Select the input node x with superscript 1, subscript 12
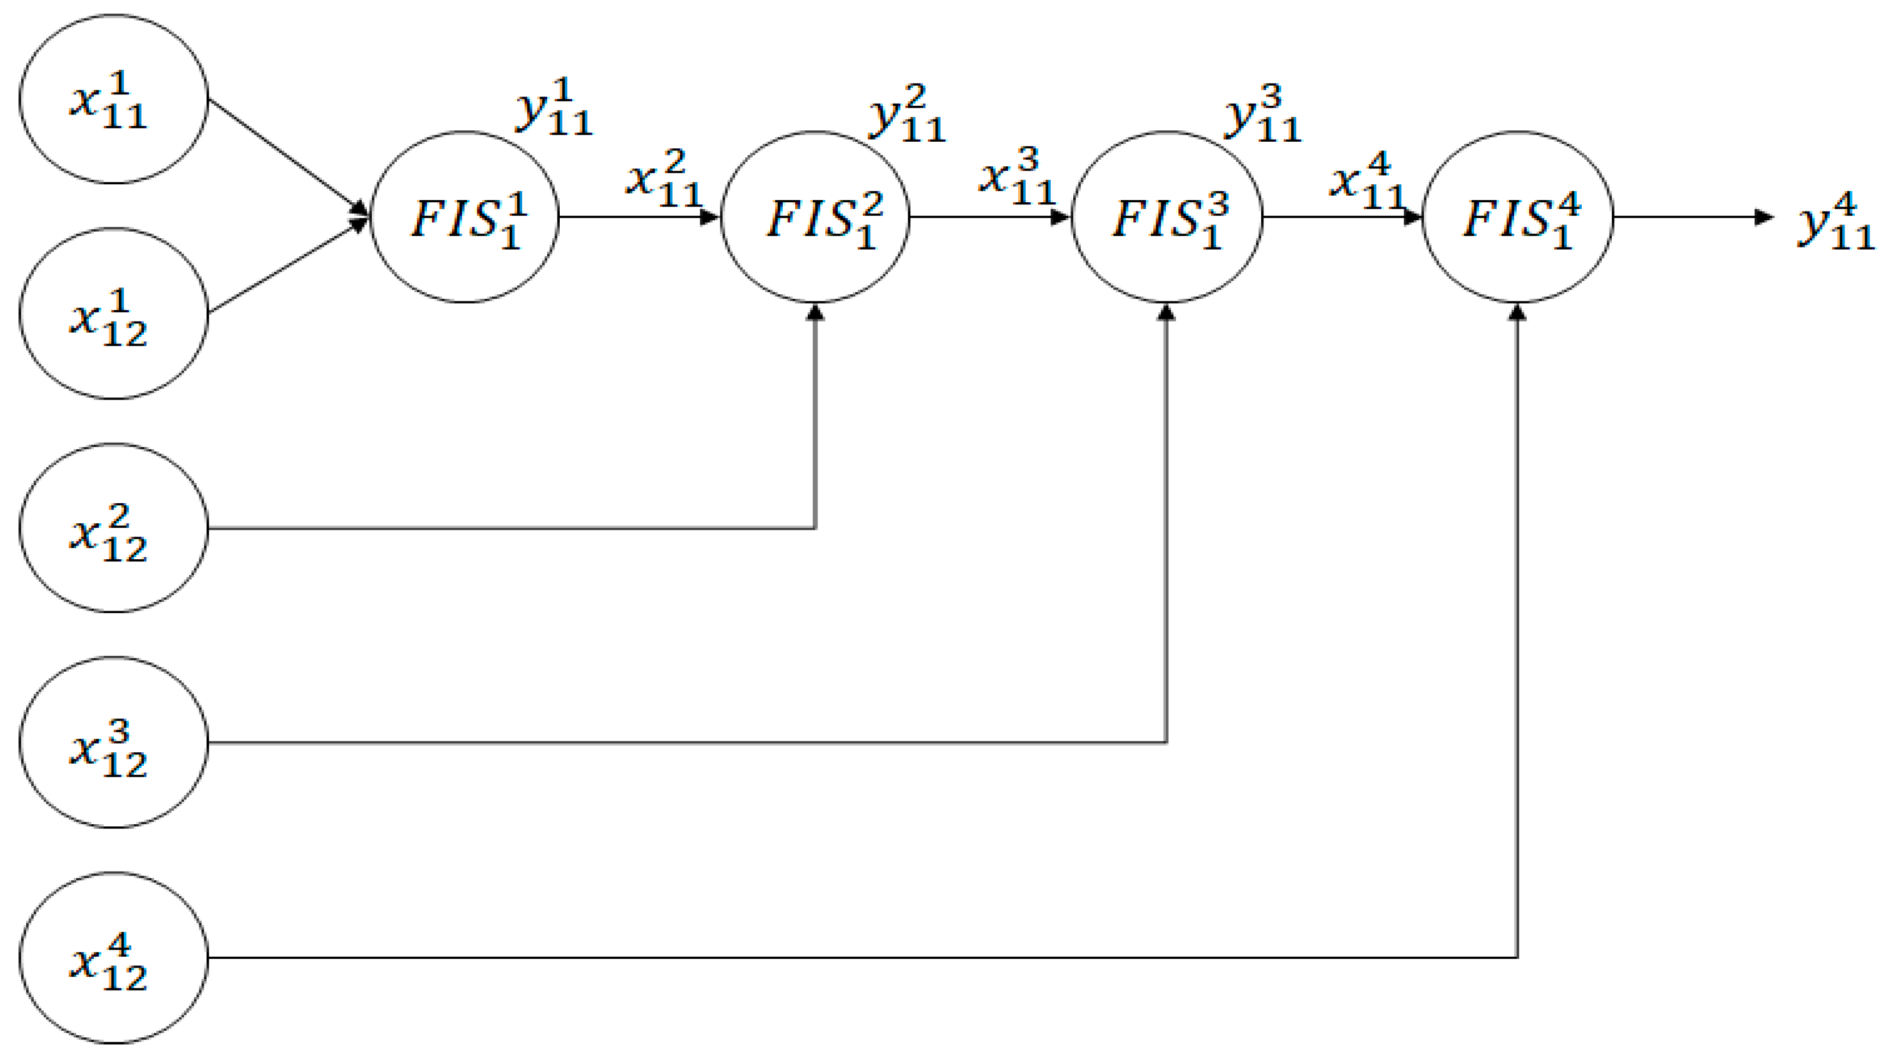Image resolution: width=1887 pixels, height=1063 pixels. click(113, 313)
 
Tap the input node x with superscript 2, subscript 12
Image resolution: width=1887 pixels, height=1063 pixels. click(113, 528)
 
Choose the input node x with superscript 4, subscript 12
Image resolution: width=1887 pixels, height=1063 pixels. click(113, 957)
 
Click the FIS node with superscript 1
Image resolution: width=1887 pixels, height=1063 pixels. click(465, 217)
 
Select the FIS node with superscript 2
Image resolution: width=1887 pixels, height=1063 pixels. click(815, 217)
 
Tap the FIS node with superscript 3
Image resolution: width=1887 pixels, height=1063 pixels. click(1167, 217)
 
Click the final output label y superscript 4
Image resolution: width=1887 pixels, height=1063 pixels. click(1836, 221)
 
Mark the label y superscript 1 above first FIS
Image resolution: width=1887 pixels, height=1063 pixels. click(554, 108)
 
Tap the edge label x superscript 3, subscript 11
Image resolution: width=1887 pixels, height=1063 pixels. click(1017, 177)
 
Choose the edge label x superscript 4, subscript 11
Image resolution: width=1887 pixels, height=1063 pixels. click(1367, 181)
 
